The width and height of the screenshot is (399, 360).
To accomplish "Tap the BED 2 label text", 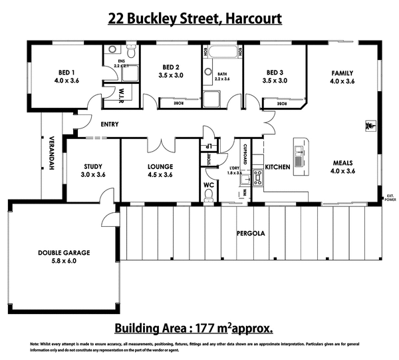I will (x=171, y=67).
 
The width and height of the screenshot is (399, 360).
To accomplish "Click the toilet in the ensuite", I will (x=132, y=52).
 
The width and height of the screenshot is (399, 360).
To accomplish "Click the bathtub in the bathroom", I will (x=221, y=51).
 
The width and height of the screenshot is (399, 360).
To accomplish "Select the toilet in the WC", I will (x=209, y=193).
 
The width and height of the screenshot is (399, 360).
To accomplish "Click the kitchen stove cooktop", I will (x=257, y=178).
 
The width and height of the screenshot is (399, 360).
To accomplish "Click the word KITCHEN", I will (x=277, y=166).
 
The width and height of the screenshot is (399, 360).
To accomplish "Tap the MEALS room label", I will (x=344, y=162).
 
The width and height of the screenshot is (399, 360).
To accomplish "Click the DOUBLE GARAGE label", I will (x=63, y=252).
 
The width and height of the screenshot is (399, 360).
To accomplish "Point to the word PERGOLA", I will (x=251, y=234).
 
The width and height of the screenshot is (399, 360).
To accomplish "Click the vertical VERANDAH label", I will (x=51, y=154).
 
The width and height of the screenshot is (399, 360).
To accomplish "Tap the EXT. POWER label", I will (x=390, y=197).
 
